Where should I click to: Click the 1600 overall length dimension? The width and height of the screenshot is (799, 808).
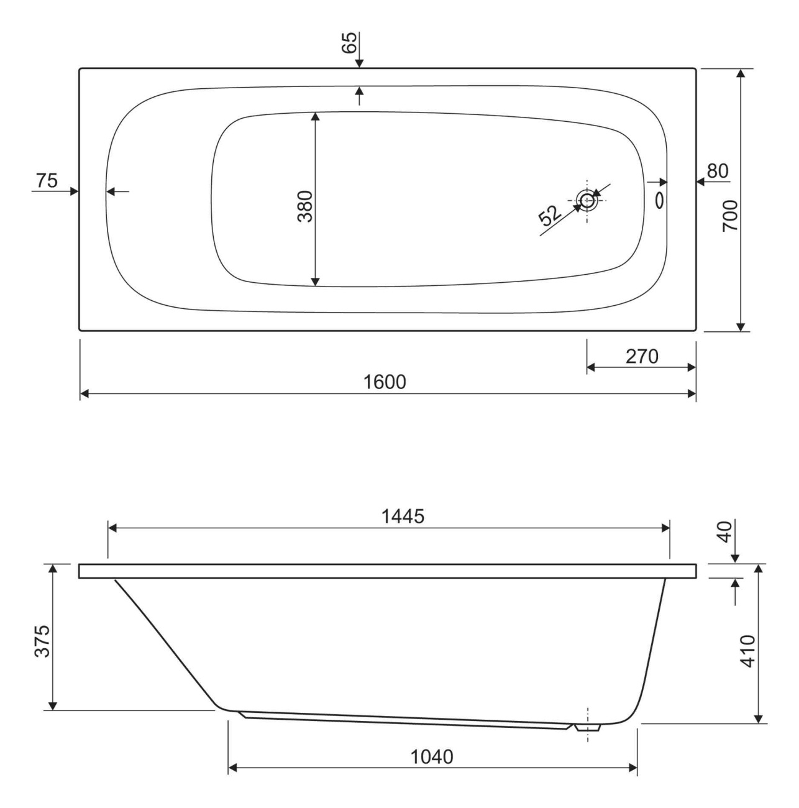point(385,382)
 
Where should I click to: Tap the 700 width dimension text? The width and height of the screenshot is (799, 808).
point(730,216)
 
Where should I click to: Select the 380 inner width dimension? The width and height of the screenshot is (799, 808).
point(305,206)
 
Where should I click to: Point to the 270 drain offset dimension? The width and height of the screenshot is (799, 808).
point(642,357)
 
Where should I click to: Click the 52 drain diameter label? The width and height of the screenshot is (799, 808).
point(550,215)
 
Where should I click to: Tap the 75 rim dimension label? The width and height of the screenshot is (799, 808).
point(47,181)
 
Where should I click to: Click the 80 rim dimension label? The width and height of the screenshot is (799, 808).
point(718,171)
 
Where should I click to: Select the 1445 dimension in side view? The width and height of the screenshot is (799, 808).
point(403,516)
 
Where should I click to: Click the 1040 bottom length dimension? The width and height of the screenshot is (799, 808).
point(431,757)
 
